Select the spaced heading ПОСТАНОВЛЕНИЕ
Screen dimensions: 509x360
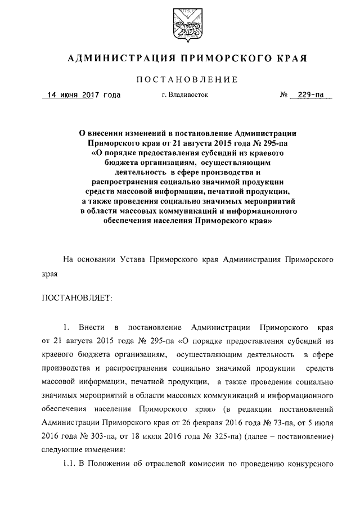coord(179,80)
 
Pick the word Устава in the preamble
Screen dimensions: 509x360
coord(138,260)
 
